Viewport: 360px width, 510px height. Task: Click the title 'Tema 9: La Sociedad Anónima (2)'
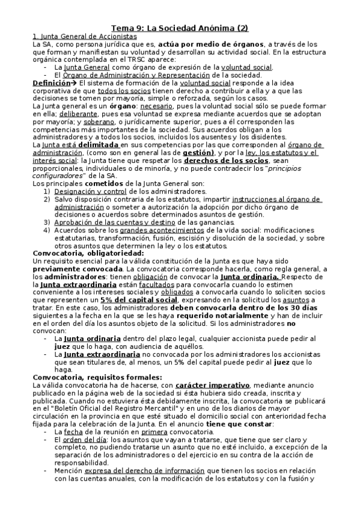tap(180, 28)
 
